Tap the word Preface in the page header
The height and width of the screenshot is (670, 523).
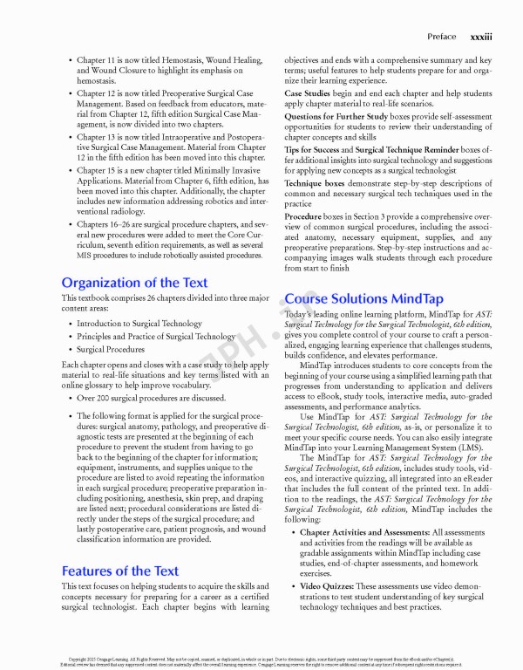coord(441,37)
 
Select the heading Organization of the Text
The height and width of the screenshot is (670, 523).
coord(134,282)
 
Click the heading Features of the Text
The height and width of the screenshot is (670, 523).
coord(119,571)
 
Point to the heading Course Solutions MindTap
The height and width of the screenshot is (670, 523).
coord(365,297)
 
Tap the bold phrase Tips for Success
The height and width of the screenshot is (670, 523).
coord(312,150)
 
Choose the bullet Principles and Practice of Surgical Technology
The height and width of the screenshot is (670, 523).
coord(156,336)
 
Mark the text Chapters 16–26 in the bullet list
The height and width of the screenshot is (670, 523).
coord(105,224)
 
